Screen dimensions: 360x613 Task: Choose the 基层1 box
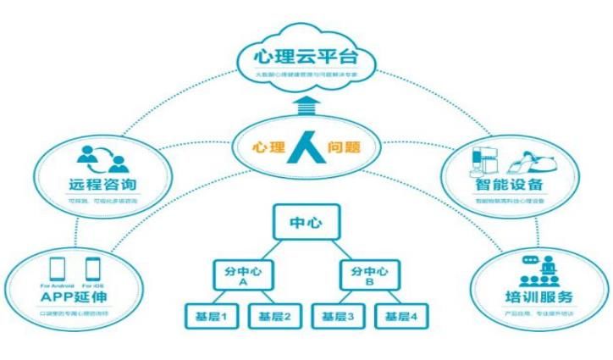click(x=207, y=317)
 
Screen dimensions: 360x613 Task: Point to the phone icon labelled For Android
click(x=58, y=269)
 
